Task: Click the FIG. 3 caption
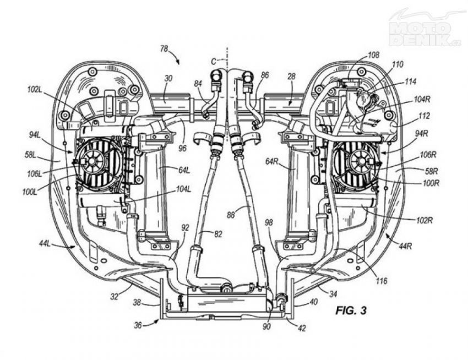[351, 310]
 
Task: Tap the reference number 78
[164, 48]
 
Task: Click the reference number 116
[381, 281]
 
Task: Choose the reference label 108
[373, 55]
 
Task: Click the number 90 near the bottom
[266, 326]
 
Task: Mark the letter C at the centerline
[214, 62]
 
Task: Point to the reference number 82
[218, 234]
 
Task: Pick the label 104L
[183, 189]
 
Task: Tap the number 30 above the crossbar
[168, 79]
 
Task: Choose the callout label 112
[424, 116]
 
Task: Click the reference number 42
[302, 328]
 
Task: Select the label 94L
[35, 135]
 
